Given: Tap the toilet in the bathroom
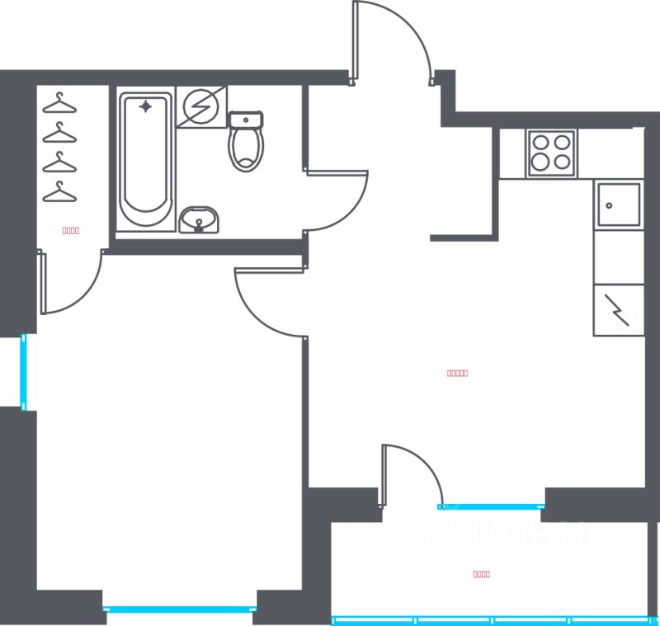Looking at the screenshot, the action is [246, 142].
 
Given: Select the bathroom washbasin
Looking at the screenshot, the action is [199, 220].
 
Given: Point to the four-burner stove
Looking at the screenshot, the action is [551, 153].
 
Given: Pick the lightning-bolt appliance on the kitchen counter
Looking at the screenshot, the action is [618, 309].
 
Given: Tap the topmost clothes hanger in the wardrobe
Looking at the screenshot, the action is [59, 103].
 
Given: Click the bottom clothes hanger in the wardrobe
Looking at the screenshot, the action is [59, 192].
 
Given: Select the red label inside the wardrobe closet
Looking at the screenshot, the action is [71, 231].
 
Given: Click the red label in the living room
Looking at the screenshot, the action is [457, 373].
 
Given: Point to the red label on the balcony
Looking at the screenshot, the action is [482, 574].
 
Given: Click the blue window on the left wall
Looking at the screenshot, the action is [24, 371].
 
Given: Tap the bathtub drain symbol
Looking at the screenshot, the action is [146, 106].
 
